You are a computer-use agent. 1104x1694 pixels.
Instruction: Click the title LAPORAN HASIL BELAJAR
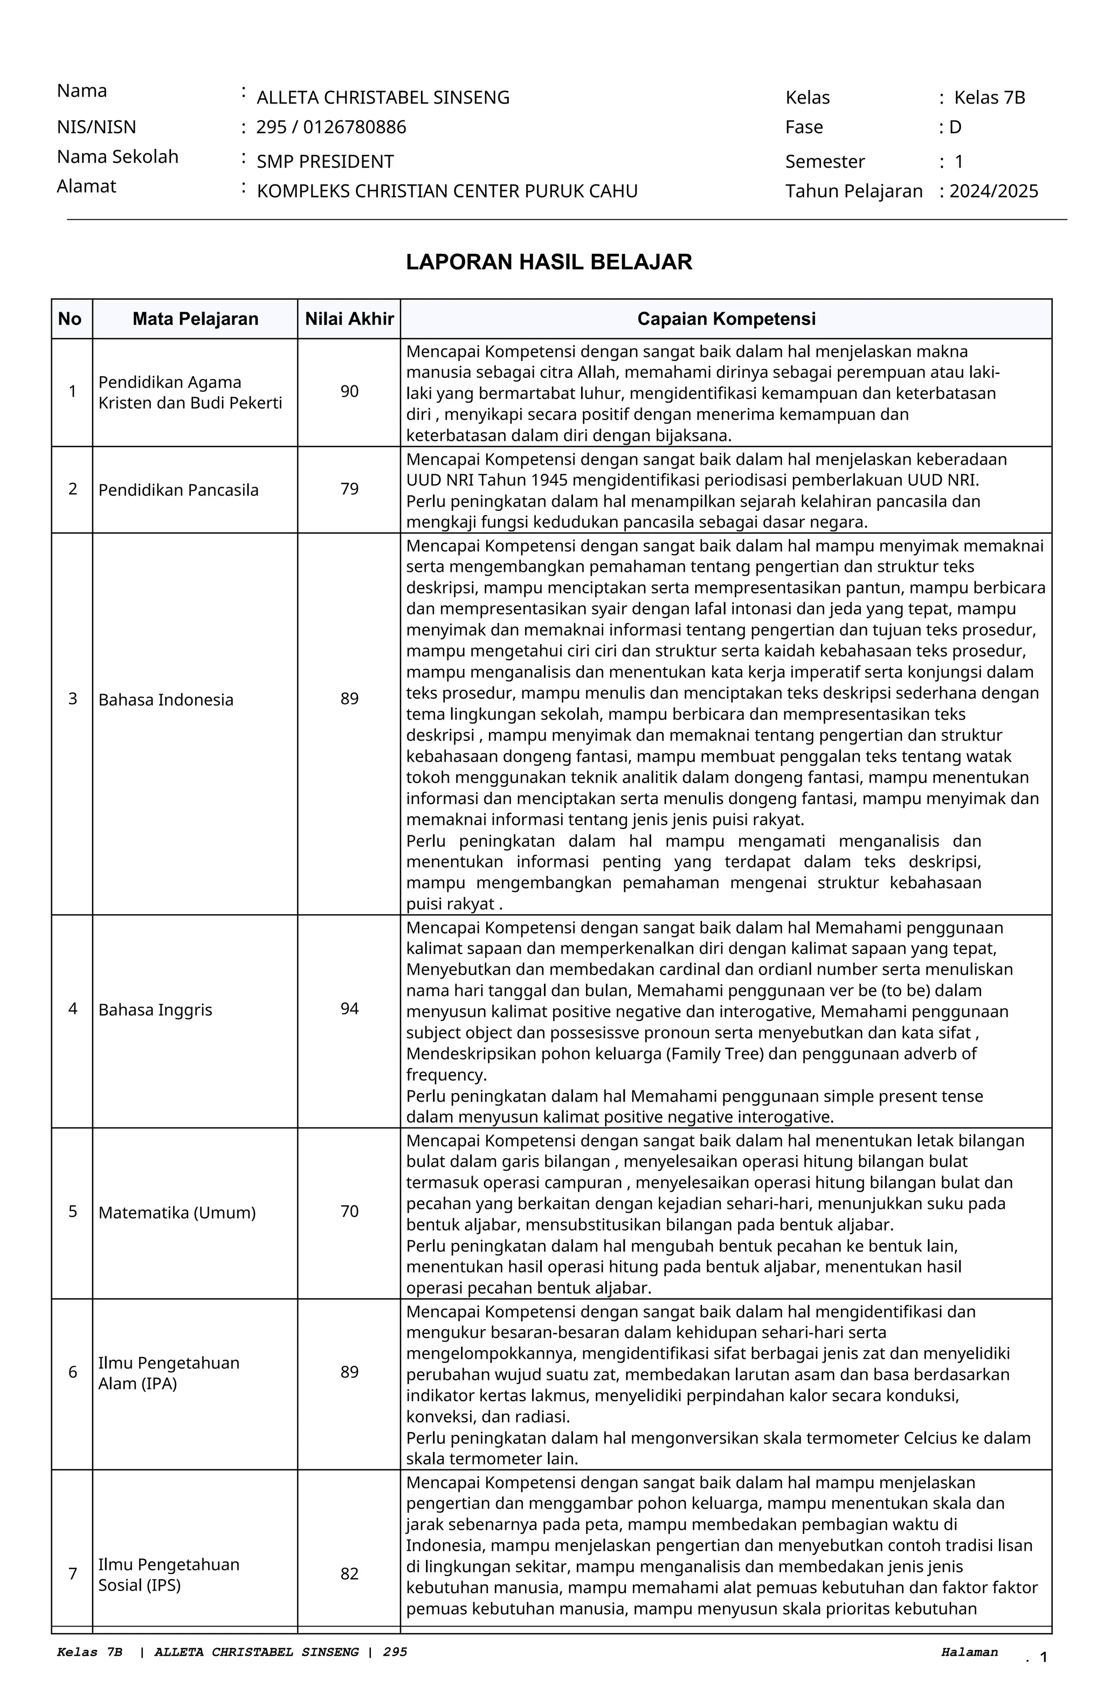(x=549, y=262)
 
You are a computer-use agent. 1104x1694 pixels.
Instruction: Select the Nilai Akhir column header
(x=349, y=319)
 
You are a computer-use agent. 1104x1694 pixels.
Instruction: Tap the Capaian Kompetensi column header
(x=726, y=319)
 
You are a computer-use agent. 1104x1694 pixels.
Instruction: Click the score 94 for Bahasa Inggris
(x=349, y=1008)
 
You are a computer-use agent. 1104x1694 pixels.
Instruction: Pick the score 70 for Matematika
(x=349, y=1212)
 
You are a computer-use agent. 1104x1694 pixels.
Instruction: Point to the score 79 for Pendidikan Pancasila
(x=349, y=489)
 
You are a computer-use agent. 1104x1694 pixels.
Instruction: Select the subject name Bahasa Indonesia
(x=166, y=700)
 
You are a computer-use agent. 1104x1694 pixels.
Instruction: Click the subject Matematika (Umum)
(x=176, y=1213)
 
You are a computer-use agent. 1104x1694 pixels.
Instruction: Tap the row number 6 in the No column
(x=73, y=1372)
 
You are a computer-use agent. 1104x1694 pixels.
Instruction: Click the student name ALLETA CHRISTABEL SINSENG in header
(x=383, y=98)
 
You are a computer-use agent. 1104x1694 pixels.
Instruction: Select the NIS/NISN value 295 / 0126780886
(x=331, y=127)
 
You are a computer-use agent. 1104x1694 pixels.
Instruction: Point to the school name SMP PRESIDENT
(x=325, y=162)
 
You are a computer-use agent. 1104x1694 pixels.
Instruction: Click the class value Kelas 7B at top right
(x=989, y=98)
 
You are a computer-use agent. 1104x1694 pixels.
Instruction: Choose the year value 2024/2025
(x=993, y=191)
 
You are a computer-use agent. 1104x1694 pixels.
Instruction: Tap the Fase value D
(x=955, y=127)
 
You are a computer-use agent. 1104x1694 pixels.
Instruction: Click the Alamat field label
(x=86, y=186)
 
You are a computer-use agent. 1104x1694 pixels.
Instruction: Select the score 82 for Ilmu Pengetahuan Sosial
(x=349, y=1574)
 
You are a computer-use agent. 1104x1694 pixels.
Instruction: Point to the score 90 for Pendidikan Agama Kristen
(x=349, y=391)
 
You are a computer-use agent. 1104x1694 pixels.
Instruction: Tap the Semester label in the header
(x=824, y=162)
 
